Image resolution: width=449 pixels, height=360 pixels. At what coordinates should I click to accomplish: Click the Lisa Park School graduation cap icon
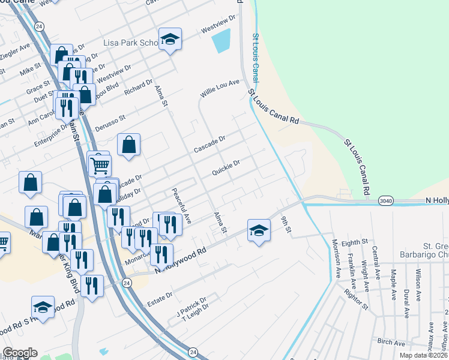click(170, 40)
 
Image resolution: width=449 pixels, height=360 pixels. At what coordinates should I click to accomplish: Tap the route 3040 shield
click(387, 201)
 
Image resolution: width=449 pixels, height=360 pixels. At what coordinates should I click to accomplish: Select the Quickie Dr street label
click(226, 167)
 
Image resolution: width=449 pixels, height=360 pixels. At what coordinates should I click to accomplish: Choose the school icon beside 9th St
click(258, 230)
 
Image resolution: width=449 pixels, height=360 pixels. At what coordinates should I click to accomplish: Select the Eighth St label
click(354, 242)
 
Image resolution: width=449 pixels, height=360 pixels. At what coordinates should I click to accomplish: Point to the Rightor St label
click(357, 298)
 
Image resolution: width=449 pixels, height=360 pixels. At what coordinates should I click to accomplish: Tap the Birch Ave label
click(391, 341)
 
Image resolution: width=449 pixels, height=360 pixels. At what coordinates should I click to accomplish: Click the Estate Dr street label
click(161, 295)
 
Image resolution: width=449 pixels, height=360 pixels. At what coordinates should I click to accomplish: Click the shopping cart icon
click(100, 164)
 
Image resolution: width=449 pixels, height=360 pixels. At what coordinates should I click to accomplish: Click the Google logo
click(20, 353)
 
